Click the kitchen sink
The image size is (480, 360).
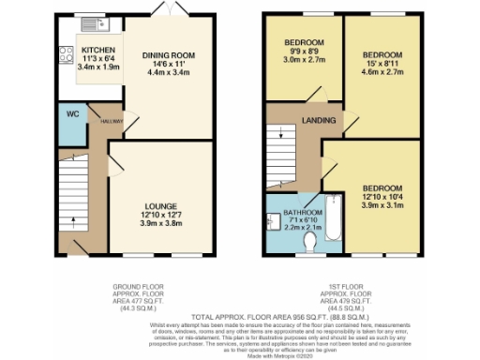click(94, 22)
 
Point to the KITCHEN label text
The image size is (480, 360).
click(99, 51)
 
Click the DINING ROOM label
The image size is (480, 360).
click(167, 55)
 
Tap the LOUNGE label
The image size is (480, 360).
click(160, 202)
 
